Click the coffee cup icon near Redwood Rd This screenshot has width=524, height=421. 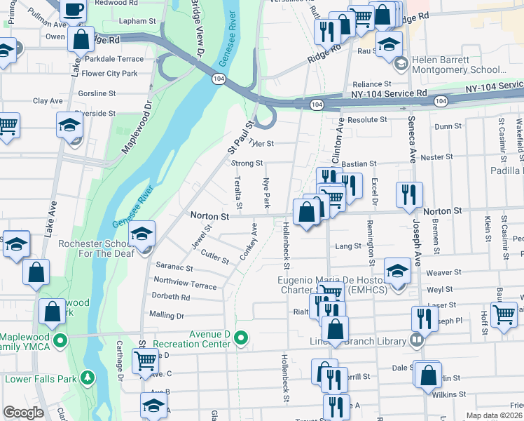(73, 10)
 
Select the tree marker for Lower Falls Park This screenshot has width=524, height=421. (88, 379)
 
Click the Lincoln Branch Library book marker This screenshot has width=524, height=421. (417, 341)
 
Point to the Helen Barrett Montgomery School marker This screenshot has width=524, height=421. (401, 65)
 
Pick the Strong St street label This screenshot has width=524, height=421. (247, 163)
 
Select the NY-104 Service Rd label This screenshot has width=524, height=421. (389, 93)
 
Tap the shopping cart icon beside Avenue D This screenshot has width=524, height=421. (145, 361)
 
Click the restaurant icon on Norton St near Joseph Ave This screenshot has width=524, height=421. (408, 194)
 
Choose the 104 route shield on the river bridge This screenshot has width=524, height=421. (218, 79)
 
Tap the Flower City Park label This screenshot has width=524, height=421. (109, 73)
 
